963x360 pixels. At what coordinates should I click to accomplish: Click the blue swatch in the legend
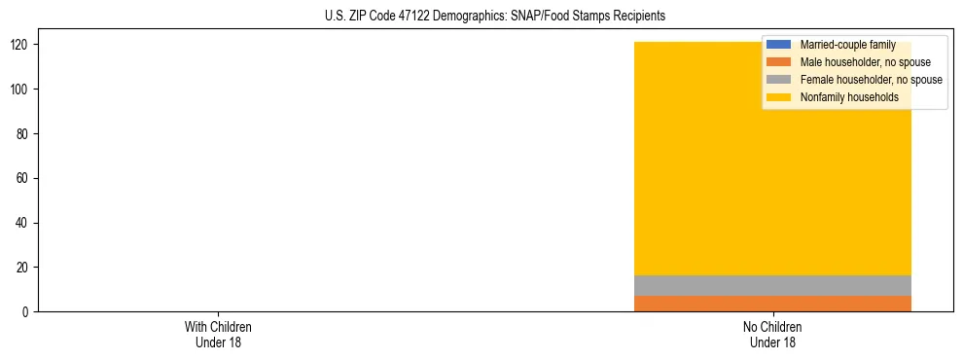pos(779,45)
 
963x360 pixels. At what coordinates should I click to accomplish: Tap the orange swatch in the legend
pos(779,62)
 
